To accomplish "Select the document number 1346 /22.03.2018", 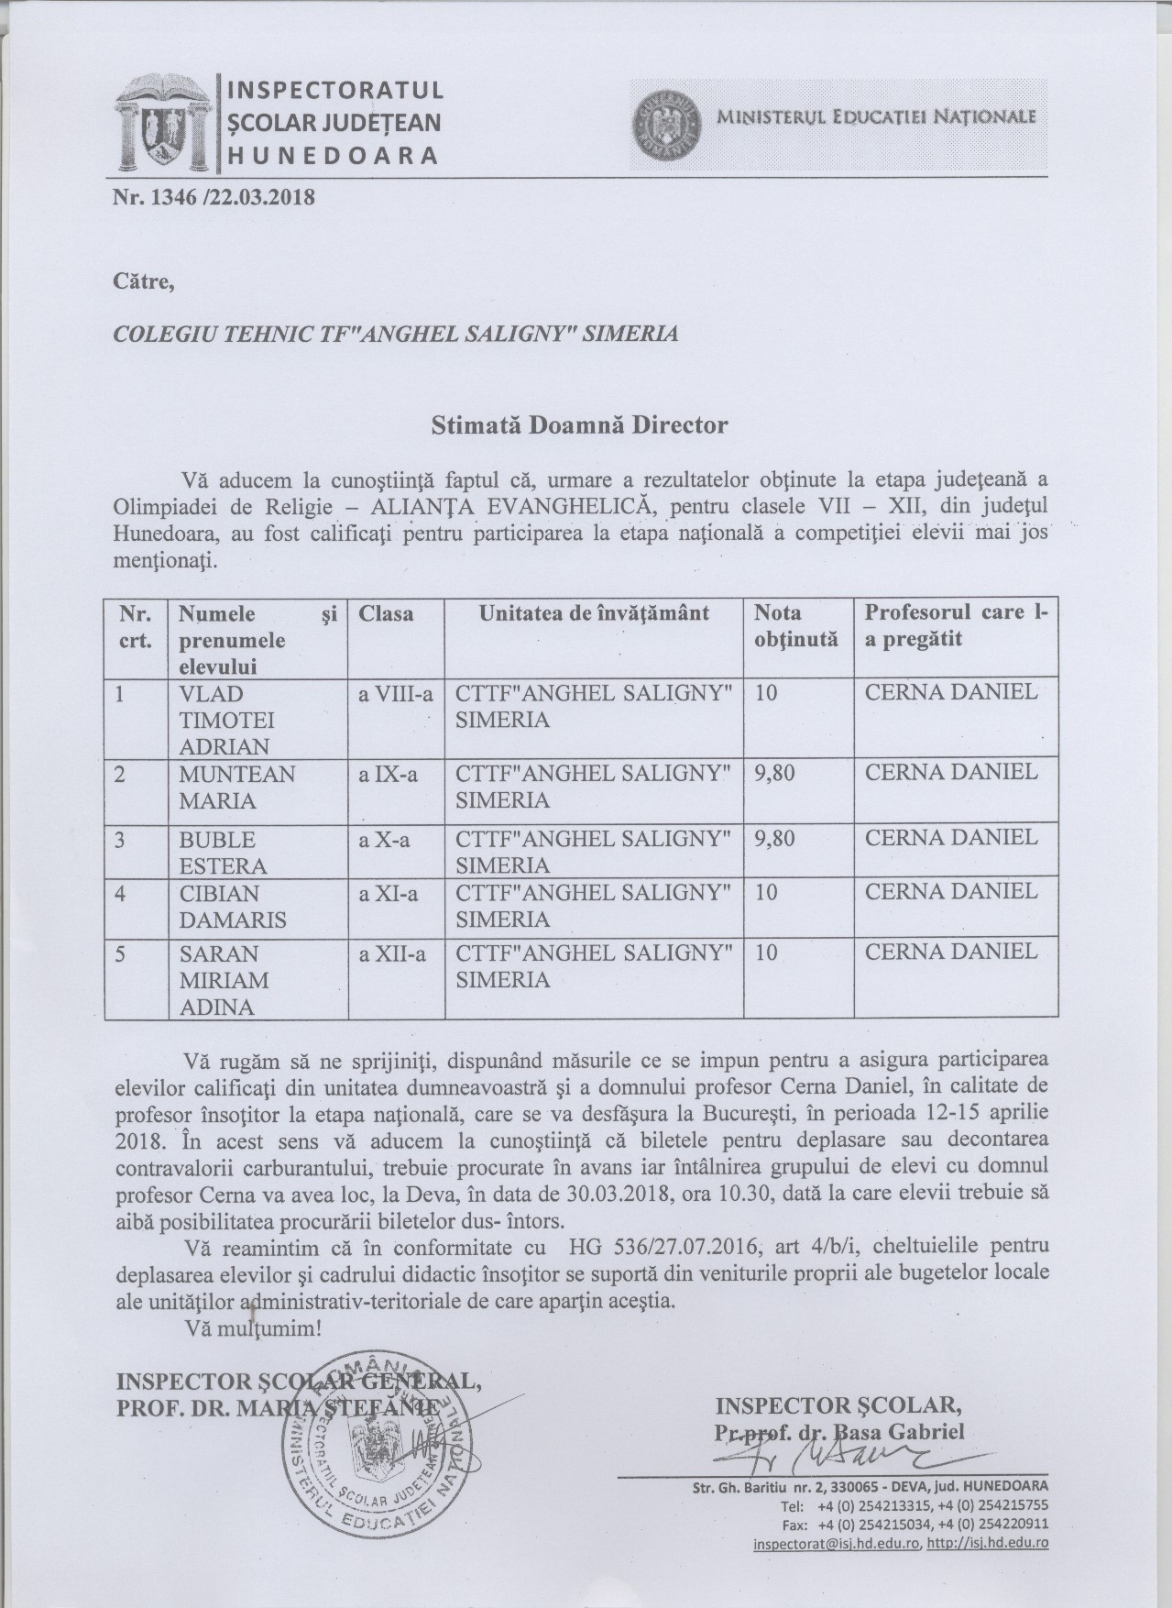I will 213,197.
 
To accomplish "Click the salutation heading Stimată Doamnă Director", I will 579,425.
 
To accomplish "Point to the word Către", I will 141,281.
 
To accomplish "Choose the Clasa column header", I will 386,613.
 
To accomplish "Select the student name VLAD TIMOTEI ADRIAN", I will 224,718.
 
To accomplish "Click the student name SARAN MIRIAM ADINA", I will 223,980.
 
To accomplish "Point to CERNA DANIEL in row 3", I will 951,838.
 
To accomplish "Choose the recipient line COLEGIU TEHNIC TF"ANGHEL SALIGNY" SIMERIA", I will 395,334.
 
